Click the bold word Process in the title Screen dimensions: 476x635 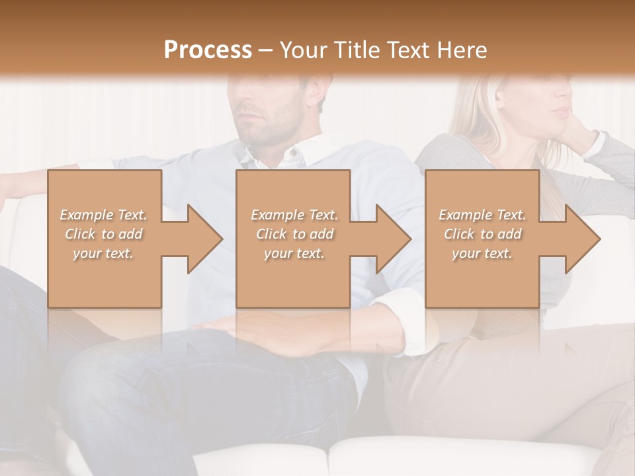pyautogui.click(x=208, y=50)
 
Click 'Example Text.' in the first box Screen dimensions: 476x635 pyautogui.click(x=103, y=215)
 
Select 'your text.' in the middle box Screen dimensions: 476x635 pyautogui.click(x=294, y=253)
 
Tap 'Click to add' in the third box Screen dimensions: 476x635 pyautogui.click(x=482, y=234)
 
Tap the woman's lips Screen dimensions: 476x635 pyautogui.click(x=561, y=110)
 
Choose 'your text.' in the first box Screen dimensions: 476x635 pyautogui.click(x=103, y=253)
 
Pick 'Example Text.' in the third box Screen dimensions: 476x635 pyautogui.click(x=482, y=215)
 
